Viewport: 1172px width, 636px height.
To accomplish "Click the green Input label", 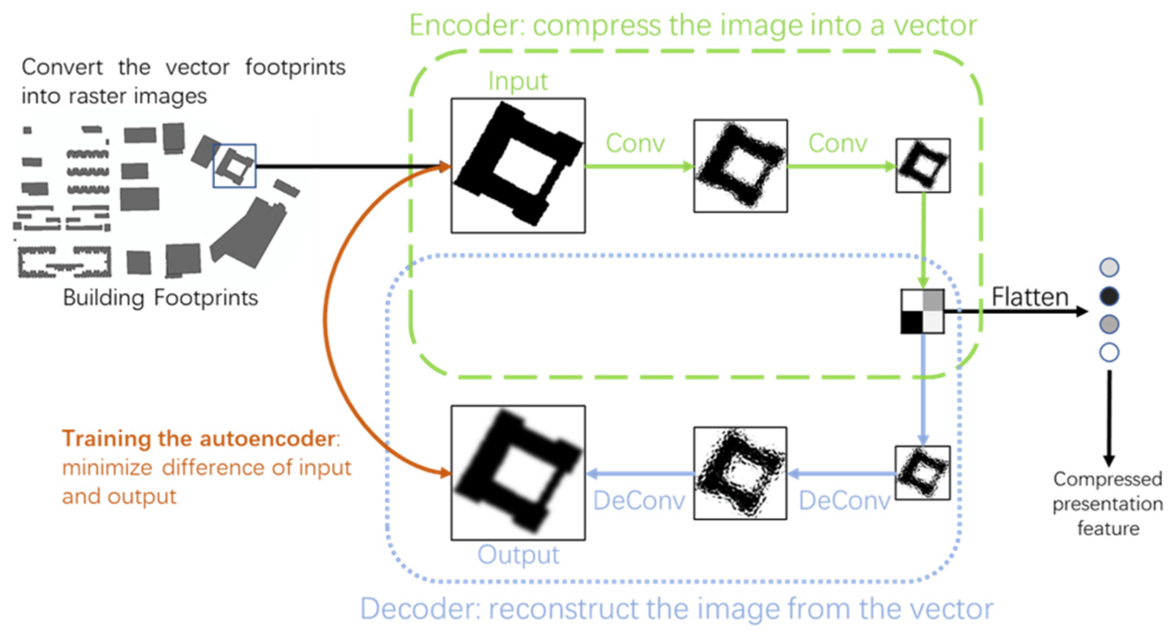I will (517, 82).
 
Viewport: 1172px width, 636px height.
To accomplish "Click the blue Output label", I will (518, 554).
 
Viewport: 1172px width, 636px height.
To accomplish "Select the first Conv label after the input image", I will (635, 143).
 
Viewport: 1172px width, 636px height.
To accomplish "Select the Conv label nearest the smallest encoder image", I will (837, 143).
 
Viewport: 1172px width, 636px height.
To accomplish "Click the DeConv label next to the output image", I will (639, 500).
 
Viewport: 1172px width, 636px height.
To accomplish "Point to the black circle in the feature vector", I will (1109, 296).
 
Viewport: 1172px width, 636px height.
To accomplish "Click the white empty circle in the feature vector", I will (1109, 353).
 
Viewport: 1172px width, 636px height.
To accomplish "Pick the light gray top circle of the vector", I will (1109, 268).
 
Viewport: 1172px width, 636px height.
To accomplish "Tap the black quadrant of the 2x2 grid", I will (912, 322).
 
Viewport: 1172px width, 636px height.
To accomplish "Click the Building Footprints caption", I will (160, 298).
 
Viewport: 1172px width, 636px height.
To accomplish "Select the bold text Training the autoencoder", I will (199, 438).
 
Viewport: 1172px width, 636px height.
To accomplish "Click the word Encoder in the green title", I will (466, 26).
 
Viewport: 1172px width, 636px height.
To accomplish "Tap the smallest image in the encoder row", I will (923, 165).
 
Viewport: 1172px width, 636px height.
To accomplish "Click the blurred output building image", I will (518, 473).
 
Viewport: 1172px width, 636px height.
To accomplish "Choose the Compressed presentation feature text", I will (1107, 504).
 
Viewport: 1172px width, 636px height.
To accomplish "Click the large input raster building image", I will (518, 165).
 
